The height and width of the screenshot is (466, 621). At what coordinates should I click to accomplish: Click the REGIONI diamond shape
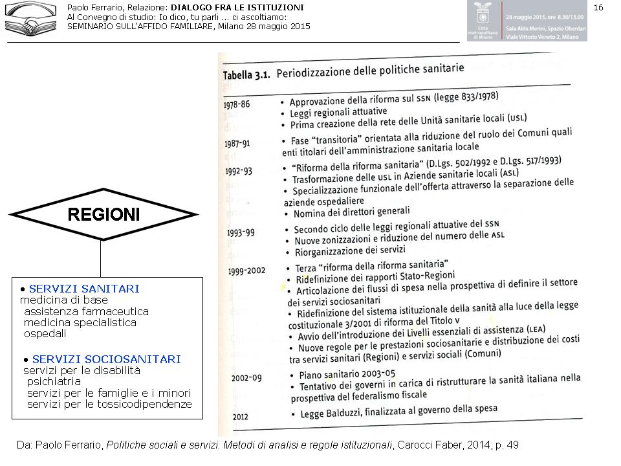pyautogui.click(x=103, y=214)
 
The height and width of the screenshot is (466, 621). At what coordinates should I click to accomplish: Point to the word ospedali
pyautogui.click(x=45, y=334)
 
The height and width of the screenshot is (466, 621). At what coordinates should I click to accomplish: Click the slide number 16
pyautogui.click(x=598, y=8)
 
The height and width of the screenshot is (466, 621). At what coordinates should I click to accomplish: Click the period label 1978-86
pyautogui.click(x=241, y=104)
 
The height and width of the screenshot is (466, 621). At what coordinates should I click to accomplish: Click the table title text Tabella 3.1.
pyautogui.click(x=246, y=74)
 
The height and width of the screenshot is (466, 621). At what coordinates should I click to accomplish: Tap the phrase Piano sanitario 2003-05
pyautogui.click(x=349, y=374)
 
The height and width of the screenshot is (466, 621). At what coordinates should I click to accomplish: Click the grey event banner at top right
pyautogui.click(x=527, y=21)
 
